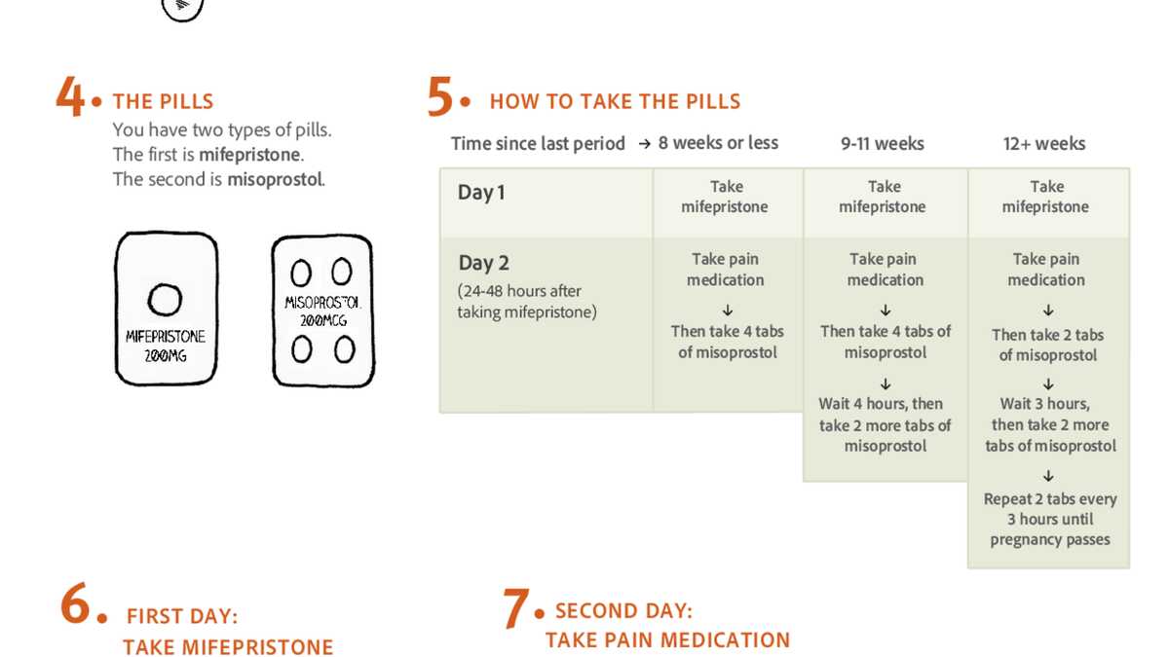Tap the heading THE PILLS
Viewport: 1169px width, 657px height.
pyautogui.click(x=163, y=101)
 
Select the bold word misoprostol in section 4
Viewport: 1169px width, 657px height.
pyautogui.click(x=276, y=179)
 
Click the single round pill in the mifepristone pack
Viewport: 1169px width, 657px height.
pyautogui.click(x=164, y=299)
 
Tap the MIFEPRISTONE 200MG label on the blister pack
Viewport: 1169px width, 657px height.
pyautogui.click(x=166, y=347)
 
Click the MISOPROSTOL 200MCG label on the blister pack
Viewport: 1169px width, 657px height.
pyautogui.click(x=322, y=310)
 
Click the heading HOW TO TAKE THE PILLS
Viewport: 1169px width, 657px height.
pyautogui.click(x=615, y=101)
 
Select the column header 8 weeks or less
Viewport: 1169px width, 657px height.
pyautogui.click(x=718, y=143)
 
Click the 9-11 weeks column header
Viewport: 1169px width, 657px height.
pyautogui.click(x=883, y=144)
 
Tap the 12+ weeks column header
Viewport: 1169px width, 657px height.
pyautogui.click(x=1044, y=144)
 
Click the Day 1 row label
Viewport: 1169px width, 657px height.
pyautogui.click(x=481, y=193)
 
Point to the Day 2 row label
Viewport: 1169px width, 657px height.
pyautogui.click(x=484, y=263)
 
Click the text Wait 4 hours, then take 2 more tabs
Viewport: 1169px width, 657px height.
pyautogui.click(x=885, y=424)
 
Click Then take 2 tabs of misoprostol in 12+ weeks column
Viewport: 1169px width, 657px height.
pyautogui.click(x=1047, y=345)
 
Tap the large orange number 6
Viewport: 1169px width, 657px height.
pyautogui.click(x=77, y=605)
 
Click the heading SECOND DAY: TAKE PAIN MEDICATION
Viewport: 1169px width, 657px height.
pyautogui.click(x=667, y=626)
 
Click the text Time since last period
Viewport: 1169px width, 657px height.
pyautogui.click(x=538, y=144)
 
